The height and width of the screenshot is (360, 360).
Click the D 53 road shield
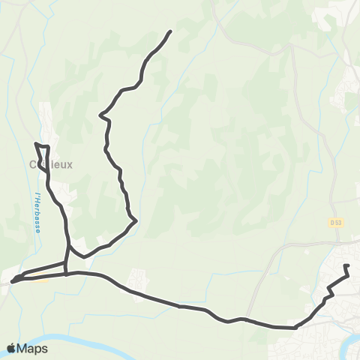click(334, 222)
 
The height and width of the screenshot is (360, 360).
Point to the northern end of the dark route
click(171, 31)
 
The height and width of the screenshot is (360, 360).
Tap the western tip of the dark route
click(12, 283)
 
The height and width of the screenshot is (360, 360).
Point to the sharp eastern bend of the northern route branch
click(135, 220)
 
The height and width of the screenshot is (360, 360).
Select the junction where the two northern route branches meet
click(70, 247)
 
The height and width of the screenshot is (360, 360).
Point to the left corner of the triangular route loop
click(15, 280)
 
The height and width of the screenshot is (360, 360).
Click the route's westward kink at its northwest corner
click(102, 115)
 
